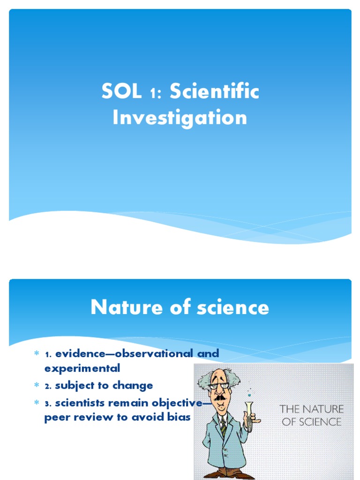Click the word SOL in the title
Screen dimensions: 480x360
tap(121, 92)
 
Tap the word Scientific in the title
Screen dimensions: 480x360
tap(214, 92)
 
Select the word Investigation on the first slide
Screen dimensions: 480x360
tap(180, 117)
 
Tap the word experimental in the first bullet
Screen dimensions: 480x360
tap(82, 368)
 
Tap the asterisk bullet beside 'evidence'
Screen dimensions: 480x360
tap(37, 353)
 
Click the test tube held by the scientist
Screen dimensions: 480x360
tap(248, 412)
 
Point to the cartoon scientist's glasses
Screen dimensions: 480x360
tap(219, 386)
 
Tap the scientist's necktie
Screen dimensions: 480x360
tap(224, 425)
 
